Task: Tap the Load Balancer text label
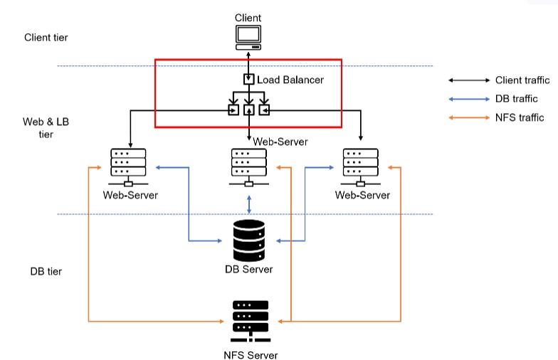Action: click(x=290, y=80)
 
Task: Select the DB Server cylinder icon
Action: click(x=248, y=240)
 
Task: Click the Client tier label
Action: click(x=46, y=38)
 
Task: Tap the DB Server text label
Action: click(x=248, y=270)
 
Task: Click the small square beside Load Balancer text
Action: click(x=248, y=79)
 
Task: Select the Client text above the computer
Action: click(x=248, y=18)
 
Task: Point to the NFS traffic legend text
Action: click(x=520, y=118)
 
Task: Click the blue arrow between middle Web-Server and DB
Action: click(x=248, y=204)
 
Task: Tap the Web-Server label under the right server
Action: click(x=362, y=195)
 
